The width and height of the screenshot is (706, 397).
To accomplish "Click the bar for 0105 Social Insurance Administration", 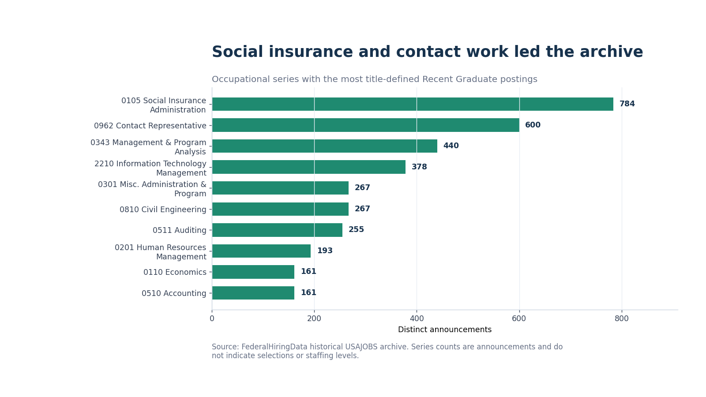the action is (413, 104).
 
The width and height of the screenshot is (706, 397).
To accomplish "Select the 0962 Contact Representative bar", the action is (366, 125).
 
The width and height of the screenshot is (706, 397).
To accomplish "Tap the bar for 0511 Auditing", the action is (277, 230).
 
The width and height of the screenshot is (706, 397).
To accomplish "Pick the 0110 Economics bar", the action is (253, 272).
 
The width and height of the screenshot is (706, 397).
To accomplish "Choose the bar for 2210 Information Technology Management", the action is (308, 167).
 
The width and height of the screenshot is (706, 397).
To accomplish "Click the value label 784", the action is (627, 104).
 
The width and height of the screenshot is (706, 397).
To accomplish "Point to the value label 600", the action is (533, 125).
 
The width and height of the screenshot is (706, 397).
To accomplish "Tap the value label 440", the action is (451, 146).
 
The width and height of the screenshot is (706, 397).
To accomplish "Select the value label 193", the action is (325, 251).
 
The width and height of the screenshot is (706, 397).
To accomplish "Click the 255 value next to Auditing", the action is (356, 230).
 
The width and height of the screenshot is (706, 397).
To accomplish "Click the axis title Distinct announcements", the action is (445, 330).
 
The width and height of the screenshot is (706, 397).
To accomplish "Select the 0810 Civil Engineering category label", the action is (163, 210).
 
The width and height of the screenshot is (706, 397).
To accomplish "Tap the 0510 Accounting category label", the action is (174, 293).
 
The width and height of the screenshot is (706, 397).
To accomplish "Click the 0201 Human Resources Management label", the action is (161, 252).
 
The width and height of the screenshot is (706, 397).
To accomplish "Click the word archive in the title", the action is (611, 52).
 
